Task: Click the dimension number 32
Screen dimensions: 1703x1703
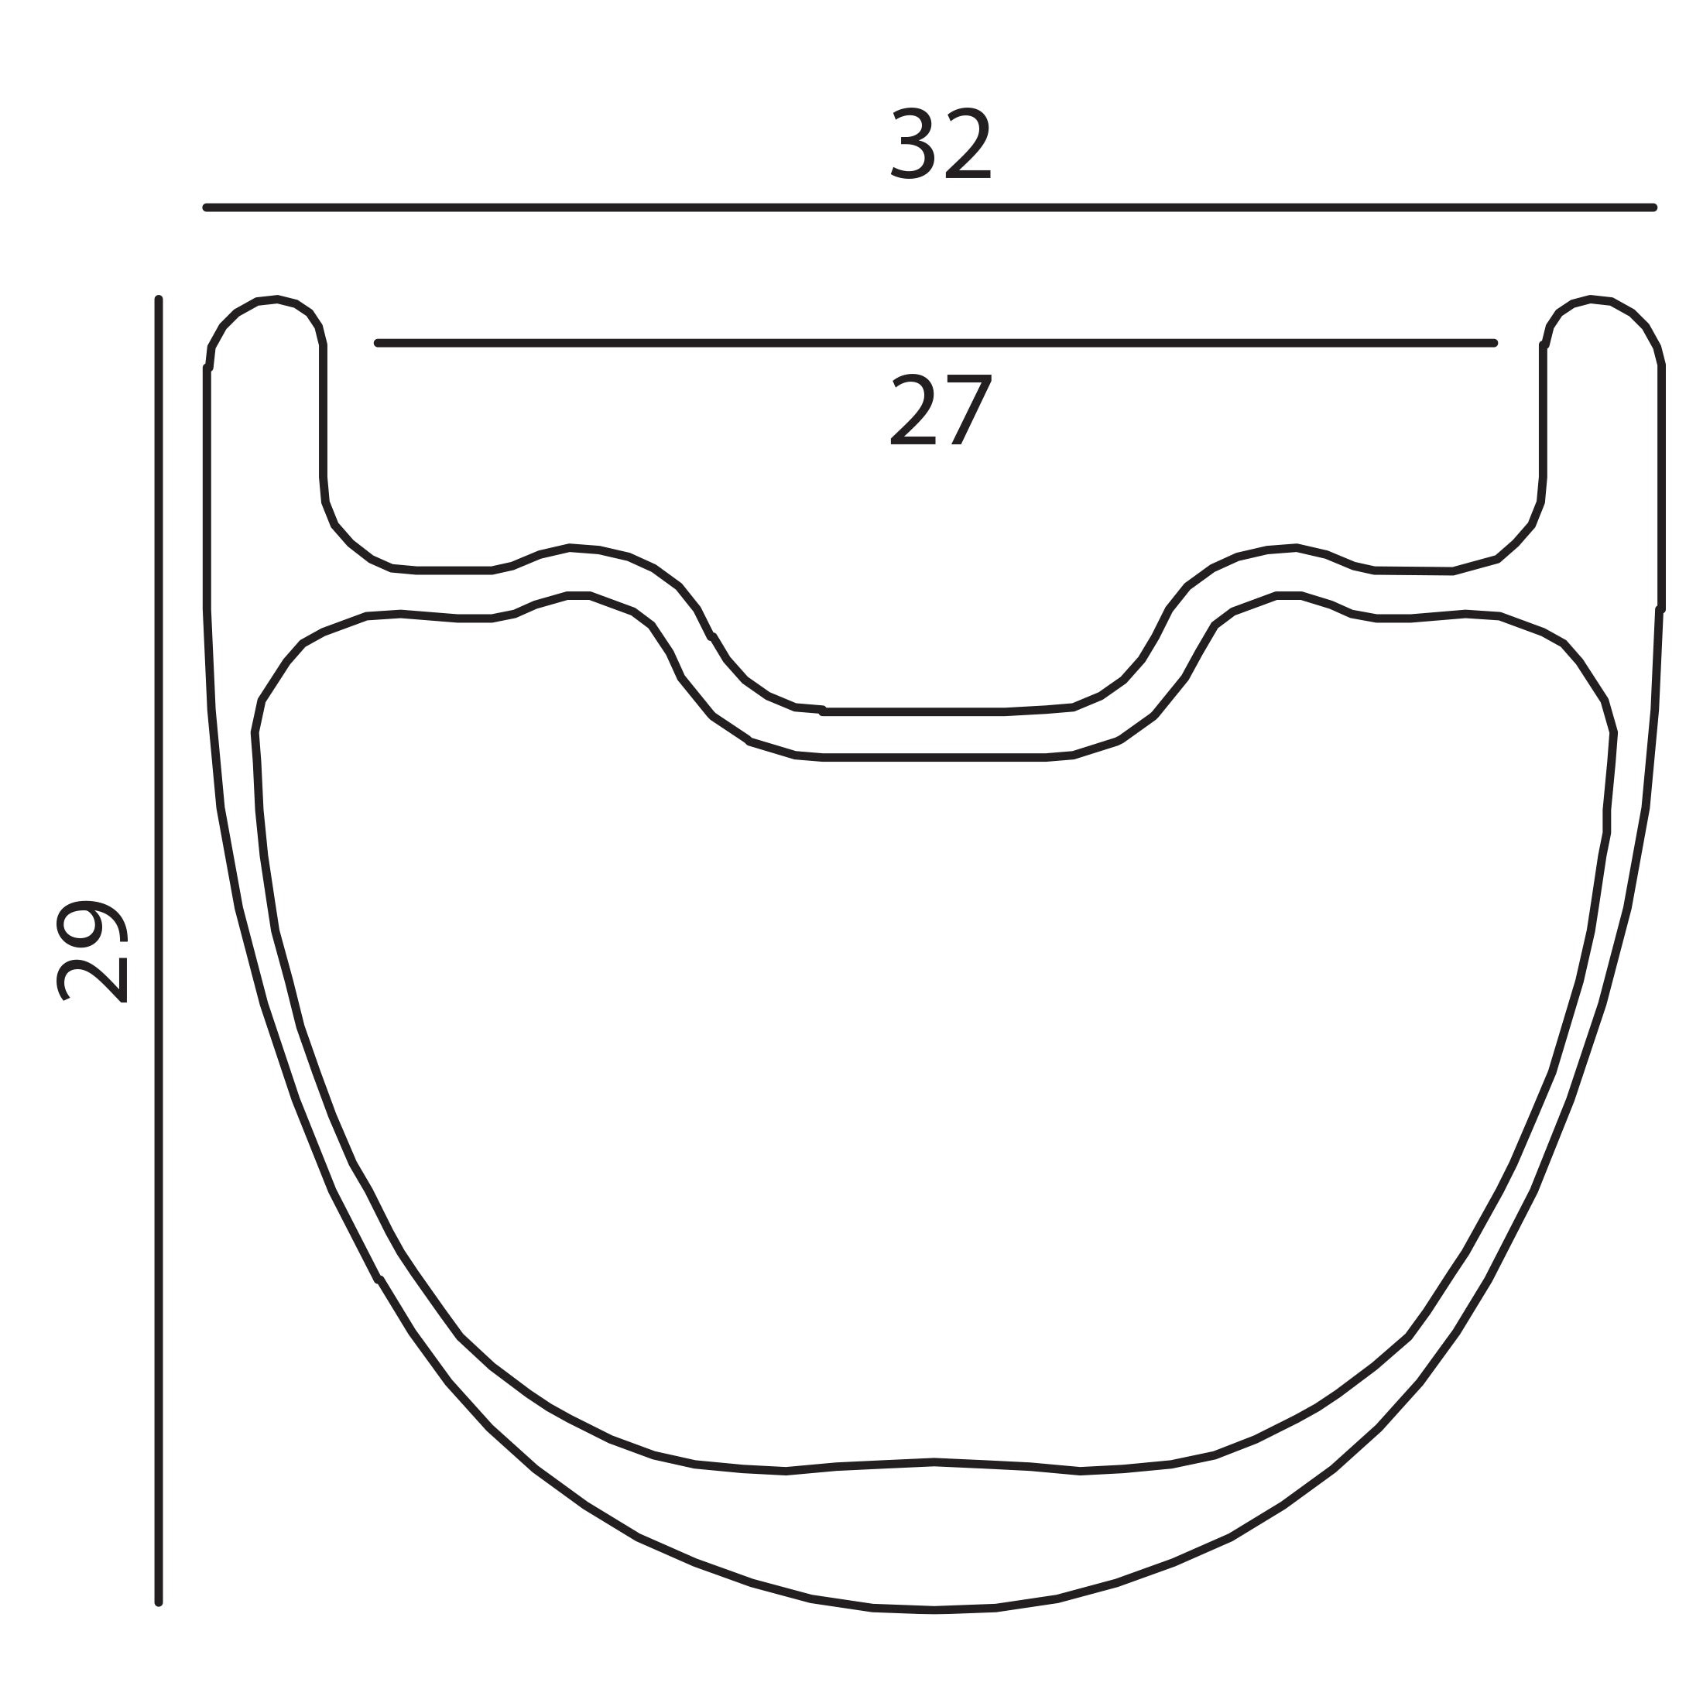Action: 941,144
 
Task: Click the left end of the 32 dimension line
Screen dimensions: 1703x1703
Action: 206,208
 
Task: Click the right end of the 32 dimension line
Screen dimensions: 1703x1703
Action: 1653,208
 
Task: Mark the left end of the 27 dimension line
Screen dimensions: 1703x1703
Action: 379,343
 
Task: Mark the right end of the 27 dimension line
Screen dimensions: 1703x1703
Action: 1495,343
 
